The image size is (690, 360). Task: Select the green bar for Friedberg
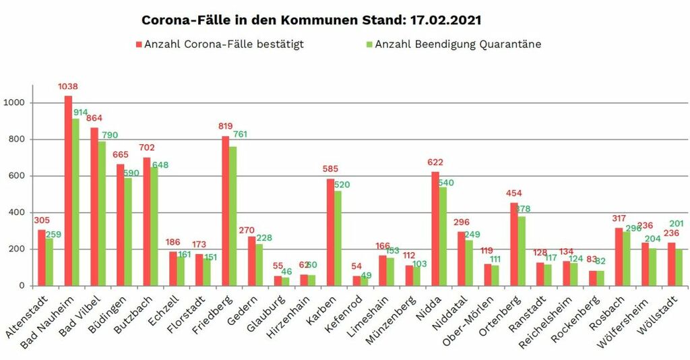[x=233, y=216]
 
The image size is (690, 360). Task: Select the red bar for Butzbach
[x=146, y=222]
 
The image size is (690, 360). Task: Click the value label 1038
[x=69, y=87]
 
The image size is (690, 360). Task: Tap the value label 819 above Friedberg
[x=226, y=125]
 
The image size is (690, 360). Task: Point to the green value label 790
[x=110, y=136]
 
